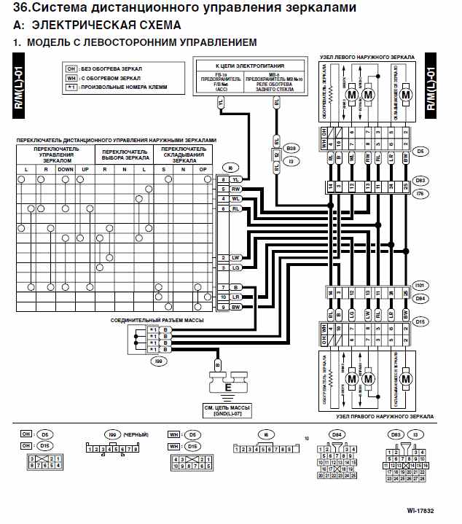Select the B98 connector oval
tap(291, 146)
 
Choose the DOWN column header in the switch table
tap(66, 169)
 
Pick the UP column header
tap(86, 169)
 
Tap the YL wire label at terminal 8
tap(236, 179)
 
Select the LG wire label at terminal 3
tap(236, 268)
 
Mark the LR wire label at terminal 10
tap(236, 297)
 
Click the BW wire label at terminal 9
tap(236, 307)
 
